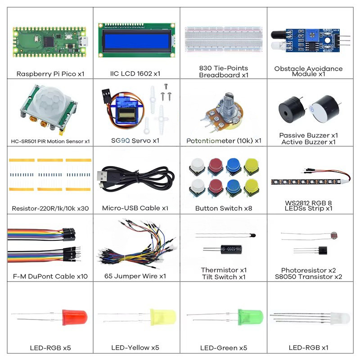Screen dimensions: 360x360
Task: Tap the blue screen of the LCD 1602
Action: point(137,40)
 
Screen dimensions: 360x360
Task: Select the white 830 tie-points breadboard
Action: point(223,39)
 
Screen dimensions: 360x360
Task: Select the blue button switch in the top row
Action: point(233,166)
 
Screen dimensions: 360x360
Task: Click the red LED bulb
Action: point(75,317)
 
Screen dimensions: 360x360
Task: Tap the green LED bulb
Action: point(250,317)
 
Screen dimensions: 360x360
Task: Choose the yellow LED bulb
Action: point(163,317)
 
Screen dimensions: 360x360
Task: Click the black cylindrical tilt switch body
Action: point(231,249)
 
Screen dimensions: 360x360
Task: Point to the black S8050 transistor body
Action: point(323,250)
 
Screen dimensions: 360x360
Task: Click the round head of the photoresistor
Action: point(334,235)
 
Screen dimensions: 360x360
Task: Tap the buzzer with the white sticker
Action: point(324,109)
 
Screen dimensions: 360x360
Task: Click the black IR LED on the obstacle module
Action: point(277,35)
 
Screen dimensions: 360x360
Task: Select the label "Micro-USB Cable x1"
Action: point(135,208)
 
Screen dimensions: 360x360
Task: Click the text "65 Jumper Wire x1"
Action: point(135,276)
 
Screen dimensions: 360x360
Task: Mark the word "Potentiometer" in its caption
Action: point(208,141)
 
